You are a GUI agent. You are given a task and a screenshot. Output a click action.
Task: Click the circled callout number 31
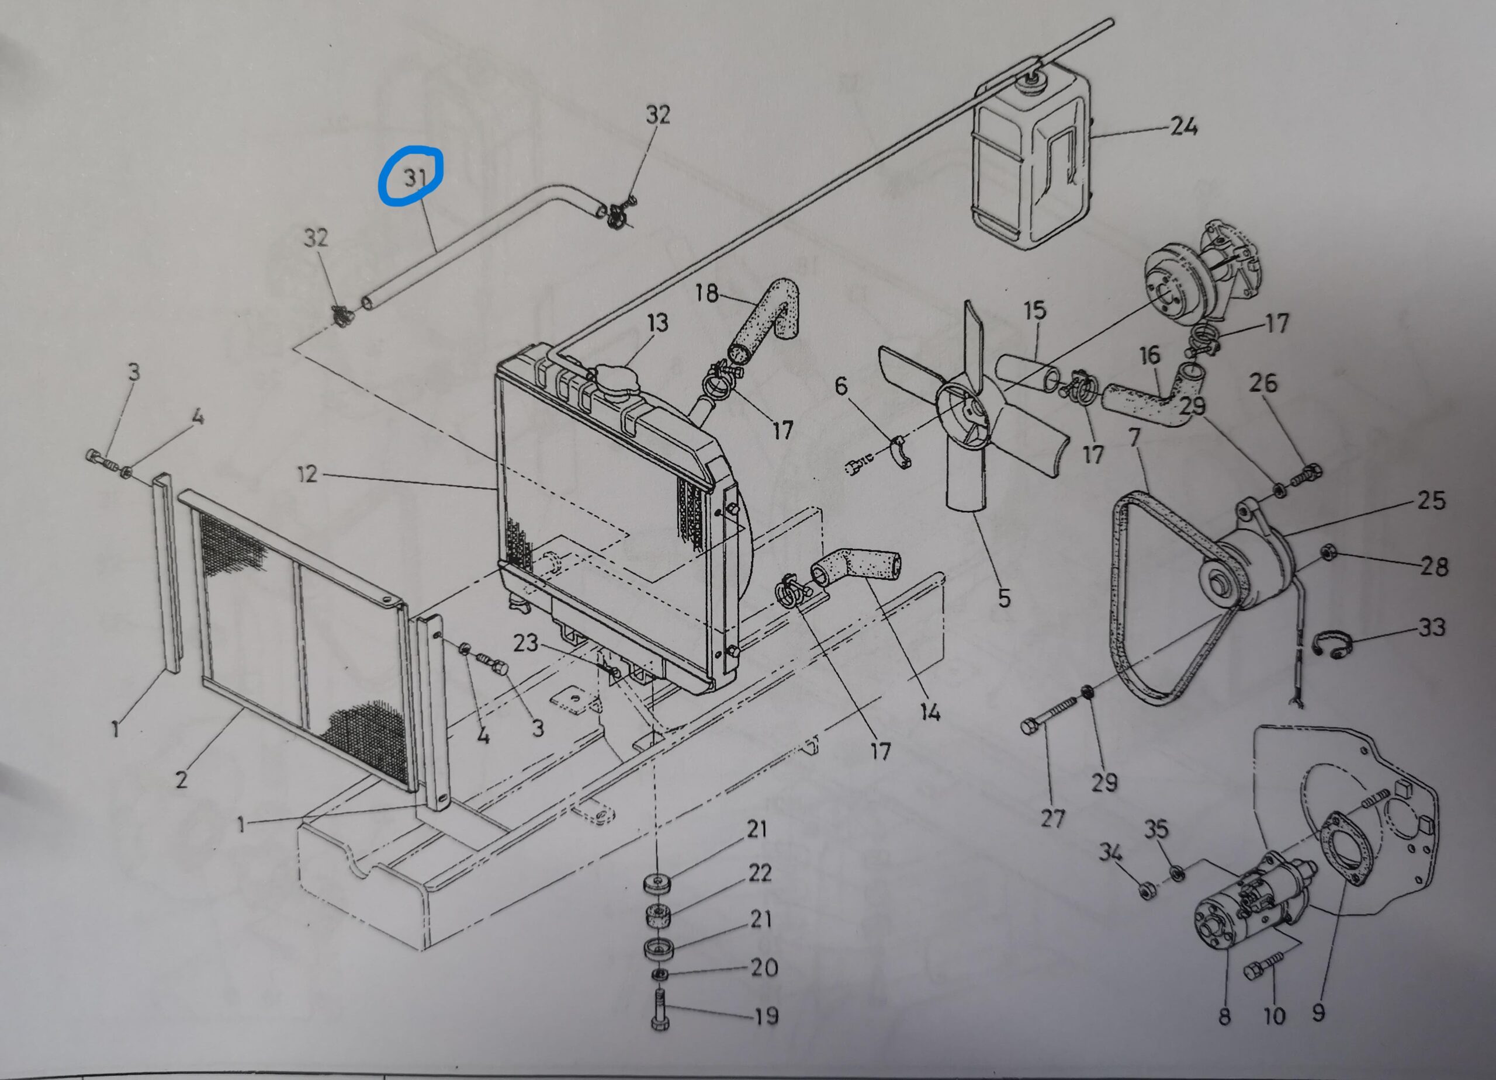click(x=414, y=177)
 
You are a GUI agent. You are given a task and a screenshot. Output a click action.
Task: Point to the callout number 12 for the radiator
click(x=307, y=474)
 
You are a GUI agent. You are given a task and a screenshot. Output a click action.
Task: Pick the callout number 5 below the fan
click(x=1004, y=598)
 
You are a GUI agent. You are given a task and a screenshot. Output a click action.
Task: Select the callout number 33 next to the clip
click(x=1431, y=627)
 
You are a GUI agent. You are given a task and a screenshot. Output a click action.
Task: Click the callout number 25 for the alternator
click(x=1431, y=501)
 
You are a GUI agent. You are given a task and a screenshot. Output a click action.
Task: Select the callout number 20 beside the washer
click(x=765, y=968)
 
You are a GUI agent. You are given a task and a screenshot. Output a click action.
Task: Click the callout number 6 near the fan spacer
click(x=841, y=386)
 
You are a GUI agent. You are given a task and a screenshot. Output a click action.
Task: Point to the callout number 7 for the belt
click(x=1134, y=437)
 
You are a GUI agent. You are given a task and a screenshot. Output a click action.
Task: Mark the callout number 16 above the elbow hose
click(x=1149, y=355)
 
